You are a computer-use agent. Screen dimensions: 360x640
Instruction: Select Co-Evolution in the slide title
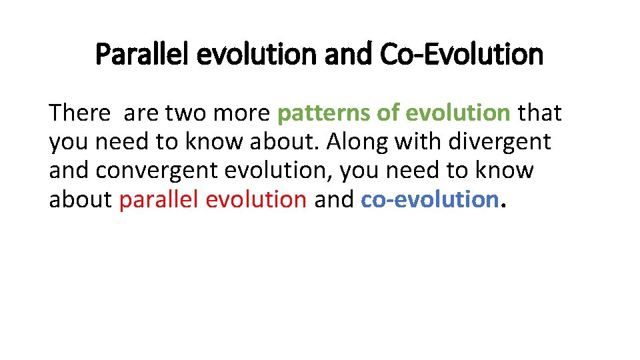coord(461,55)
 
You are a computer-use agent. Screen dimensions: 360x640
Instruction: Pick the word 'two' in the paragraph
coord(185,113)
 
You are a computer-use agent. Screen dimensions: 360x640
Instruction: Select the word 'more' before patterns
coord(242,113)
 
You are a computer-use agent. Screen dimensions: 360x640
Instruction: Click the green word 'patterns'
coord(323,114)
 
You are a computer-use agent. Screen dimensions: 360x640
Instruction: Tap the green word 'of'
coord(387,113)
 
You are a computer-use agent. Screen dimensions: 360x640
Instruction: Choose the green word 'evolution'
coord(458,113)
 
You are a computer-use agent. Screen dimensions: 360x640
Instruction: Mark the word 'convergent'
coord(156,171)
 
